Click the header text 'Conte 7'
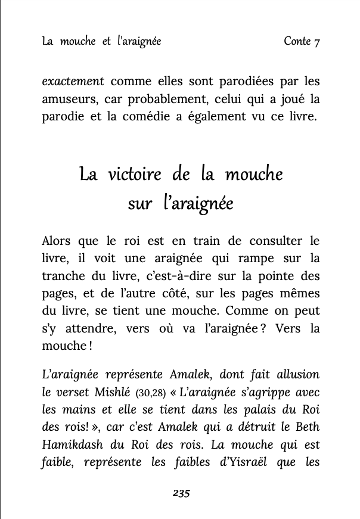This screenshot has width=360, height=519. click(302, 41)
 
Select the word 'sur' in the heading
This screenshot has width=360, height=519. click(140, 204)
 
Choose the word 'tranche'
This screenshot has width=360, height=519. click(64, 276)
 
